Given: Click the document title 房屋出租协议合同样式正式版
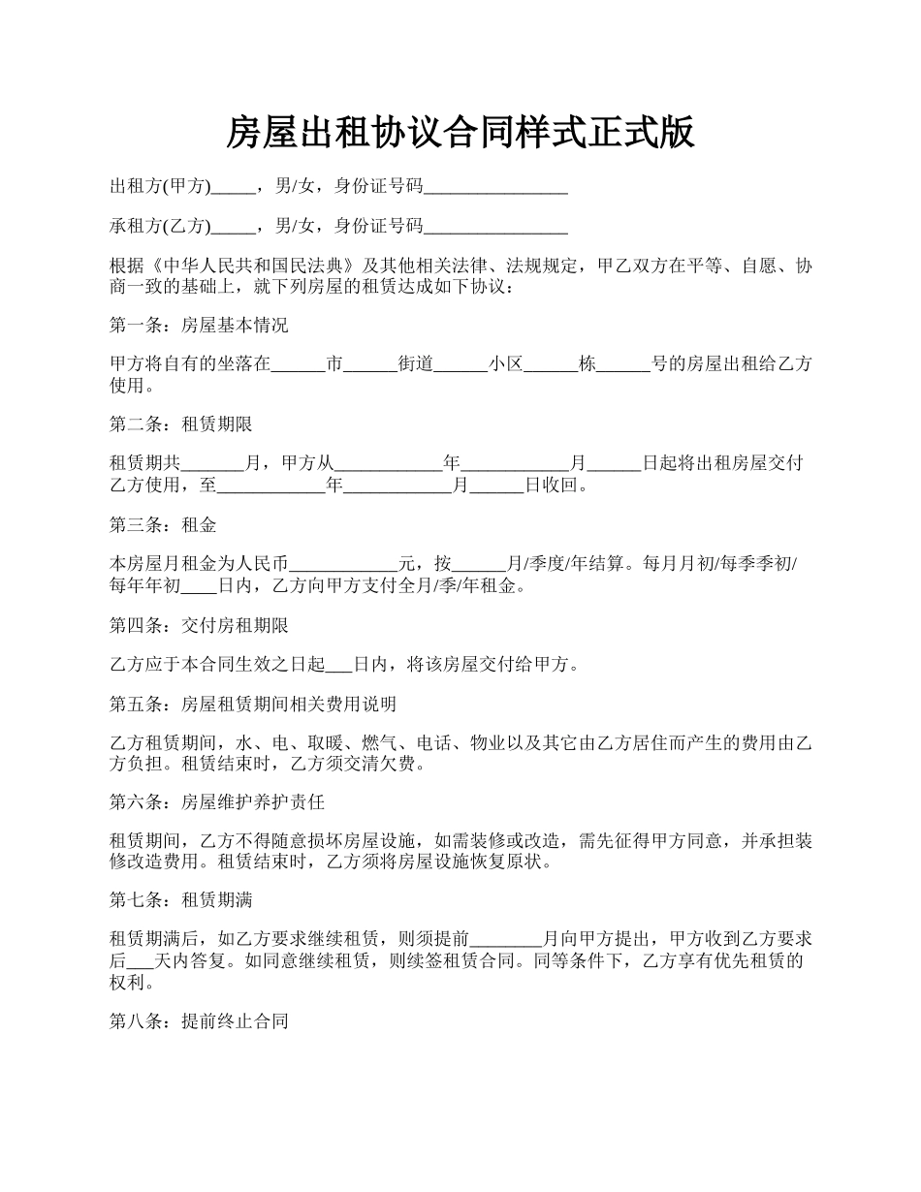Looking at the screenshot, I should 460,132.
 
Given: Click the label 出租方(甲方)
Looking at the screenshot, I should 160,186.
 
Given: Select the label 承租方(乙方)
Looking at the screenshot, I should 160,227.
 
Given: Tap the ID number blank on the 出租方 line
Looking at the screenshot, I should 495,187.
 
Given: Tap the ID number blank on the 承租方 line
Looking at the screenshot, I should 495,228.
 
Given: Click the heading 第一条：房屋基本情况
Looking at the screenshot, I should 199,326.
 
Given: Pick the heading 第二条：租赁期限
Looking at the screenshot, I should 181,424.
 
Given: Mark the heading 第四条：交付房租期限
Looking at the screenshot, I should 199,625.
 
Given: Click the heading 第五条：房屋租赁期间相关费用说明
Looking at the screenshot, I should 253,704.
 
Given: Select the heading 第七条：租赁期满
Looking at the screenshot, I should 181,901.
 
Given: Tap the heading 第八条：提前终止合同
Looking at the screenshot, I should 199,1021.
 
